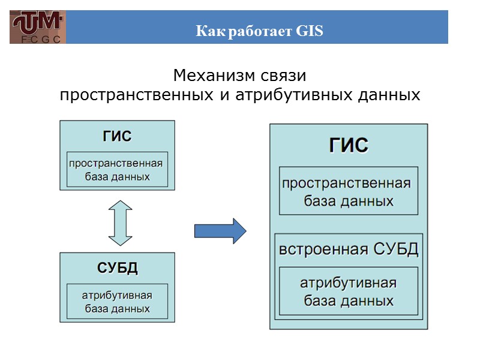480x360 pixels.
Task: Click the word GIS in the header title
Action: click(x=310, y=31)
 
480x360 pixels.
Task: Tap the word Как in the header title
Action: click(x=208, y=31)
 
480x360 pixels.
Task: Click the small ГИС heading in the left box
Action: click(x=116, y=136)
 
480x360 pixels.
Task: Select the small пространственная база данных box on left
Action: click(x=116, y=170)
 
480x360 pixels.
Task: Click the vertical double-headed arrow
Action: click(x=120, y=223)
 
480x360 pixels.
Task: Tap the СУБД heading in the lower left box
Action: click(x=118, y=268)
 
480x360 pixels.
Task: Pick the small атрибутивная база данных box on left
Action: click(x=117, y=302)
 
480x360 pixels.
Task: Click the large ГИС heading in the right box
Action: click(x=348, y=146)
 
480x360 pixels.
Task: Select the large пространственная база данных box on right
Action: click(x=349, y=191)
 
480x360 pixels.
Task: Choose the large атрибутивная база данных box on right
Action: click(x=349, y=291)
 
